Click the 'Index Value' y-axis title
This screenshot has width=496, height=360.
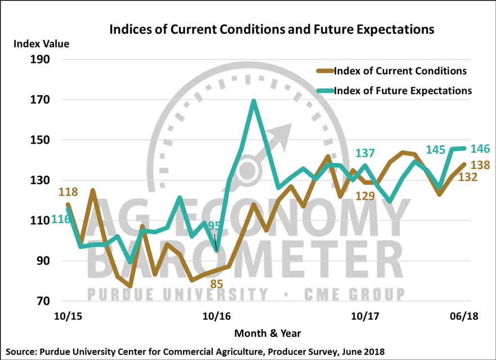[41, 43]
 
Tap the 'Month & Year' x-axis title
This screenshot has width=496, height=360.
[267, 333]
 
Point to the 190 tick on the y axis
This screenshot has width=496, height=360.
[39, 60]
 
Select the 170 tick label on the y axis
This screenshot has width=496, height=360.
[39, 100]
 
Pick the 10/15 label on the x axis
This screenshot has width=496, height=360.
[66, 317]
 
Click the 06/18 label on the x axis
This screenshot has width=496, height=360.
[462, 317]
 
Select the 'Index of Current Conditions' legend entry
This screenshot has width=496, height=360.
[400, 71]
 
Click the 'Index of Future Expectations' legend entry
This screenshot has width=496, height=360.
[403, 90]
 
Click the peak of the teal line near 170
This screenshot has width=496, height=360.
[254, 101]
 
